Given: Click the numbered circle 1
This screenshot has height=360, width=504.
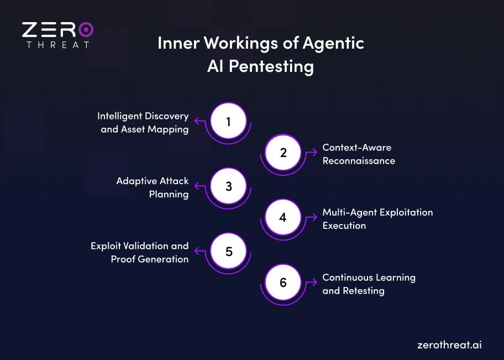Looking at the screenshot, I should [228, 122].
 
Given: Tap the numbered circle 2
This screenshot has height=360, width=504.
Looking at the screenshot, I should [283, 153].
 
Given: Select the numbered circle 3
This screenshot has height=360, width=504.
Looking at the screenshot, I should [228, 186].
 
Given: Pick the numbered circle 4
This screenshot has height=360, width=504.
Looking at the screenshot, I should [283, 217].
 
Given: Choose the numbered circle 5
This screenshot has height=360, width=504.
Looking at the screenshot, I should [228, 251].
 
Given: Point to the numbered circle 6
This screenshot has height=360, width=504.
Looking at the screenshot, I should [283, 283].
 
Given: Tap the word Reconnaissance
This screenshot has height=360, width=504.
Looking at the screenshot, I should [359, 161].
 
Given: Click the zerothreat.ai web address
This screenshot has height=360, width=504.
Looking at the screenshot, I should [449, 345].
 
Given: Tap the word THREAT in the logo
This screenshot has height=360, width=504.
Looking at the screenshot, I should [57, 44].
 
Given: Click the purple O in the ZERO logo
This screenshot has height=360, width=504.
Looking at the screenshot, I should [85, 29].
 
